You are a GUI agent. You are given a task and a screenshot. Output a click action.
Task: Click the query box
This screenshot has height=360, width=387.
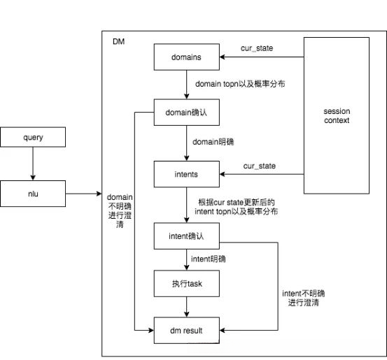point(33,138)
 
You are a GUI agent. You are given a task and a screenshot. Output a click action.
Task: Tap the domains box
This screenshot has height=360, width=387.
point(187,56)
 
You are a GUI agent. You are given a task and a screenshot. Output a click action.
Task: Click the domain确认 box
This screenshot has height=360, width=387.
point(187,112)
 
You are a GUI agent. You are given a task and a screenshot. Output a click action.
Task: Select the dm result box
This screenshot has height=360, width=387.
point(187,331)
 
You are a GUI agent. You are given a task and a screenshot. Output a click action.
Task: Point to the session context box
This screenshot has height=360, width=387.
point(337,116)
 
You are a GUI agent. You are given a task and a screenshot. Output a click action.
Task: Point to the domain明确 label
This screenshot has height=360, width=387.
point(213,142)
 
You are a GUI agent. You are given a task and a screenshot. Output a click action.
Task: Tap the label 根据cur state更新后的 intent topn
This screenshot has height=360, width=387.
point(238,206)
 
